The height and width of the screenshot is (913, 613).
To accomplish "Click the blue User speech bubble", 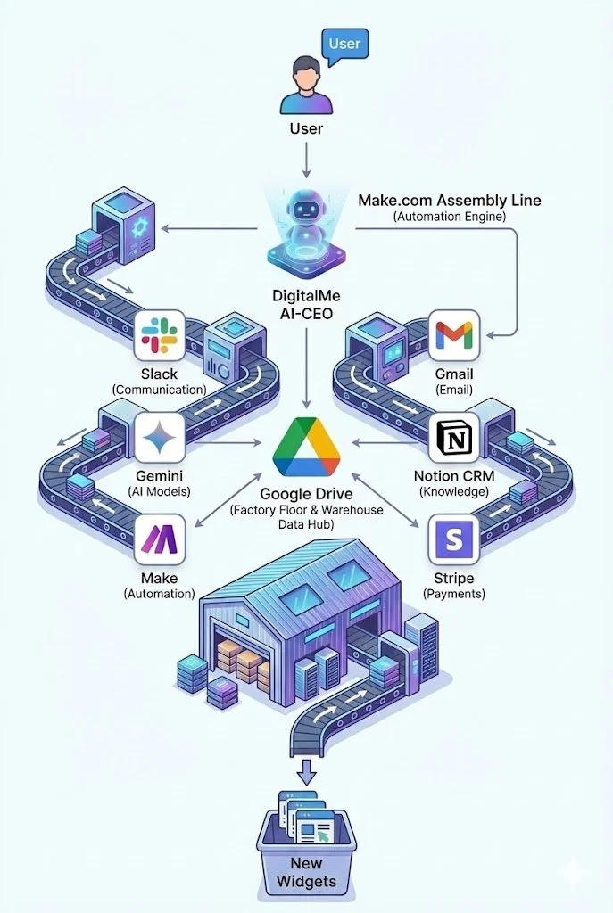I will (x=344, y=45).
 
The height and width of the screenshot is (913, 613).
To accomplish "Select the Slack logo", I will (x=160, y=335).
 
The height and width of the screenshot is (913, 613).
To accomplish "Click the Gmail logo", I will (x=454, y=335).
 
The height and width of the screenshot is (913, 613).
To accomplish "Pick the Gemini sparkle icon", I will (x=160, y=437).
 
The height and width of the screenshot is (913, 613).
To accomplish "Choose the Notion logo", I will (x=454, y=437).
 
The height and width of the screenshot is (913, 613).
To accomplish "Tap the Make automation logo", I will (x=160, y=539).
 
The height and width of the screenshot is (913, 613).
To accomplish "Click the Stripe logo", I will (x=454, y=539).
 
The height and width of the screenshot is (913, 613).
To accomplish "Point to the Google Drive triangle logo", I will (x=306, y=447).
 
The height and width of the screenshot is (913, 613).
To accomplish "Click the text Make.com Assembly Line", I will (x=449, y=200).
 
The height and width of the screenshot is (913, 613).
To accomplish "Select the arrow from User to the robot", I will (x=306, y=160).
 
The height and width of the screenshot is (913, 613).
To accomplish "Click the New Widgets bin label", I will (x=306, y=873).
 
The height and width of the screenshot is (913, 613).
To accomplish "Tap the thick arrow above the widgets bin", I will (x=306, y=768).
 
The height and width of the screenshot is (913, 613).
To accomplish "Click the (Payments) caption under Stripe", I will (x=454, y=593).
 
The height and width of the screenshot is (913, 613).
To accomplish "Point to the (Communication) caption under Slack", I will (x=160, y=390).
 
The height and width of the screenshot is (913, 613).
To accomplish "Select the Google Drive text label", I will (x=306, y=493).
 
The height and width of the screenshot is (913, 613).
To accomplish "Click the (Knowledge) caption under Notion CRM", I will (x=454, y=491).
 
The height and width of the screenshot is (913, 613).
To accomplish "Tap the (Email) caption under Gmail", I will (x=454, y=390).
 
